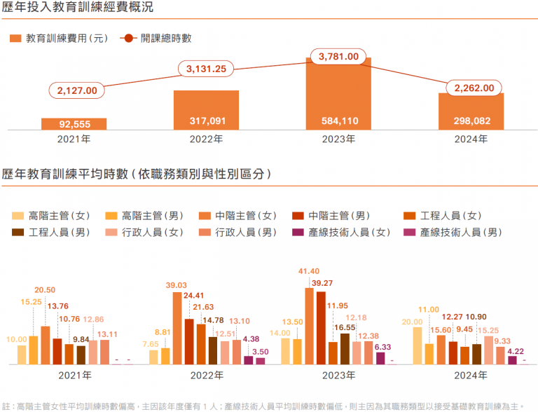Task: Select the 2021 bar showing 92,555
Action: (74, 124)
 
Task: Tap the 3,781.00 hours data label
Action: (338, 56)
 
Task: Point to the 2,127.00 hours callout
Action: (77, 90)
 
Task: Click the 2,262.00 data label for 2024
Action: (474, 88)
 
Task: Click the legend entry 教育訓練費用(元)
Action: (59, 39)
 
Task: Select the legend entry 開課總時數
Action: (158, 39)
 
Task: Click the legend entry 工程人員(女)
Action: (444, 216)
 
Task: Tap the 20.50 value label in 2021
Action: (46, 290)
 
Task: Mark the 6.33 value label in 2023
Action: (382, 346)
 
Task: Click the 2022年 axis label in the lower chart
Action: (206, 376)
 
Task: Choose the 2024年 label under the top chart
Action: (471, 139)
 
